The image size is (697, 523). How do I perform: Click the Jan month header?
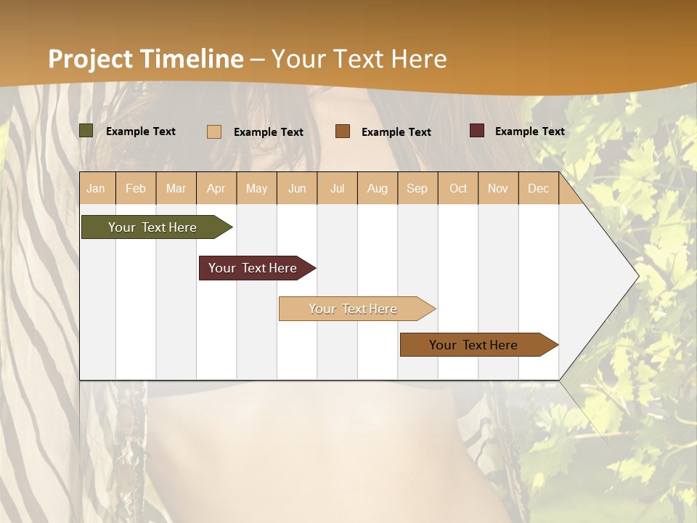97,188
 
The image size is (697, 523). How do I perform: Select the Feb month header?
136,188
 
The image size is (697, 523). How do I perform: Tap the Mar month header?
176,188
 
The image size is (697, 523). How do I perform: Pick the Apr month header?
216,188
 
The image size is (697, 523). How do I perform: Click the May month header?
256,188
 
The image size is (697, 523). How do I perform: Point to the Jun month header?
297,188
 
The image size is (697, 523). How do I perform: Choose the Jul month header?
337,188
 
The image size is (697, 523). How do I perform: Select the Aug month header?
378,188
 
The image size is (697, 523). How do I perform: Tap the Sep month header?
417,188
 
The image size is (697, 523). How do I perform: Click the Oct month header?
458,188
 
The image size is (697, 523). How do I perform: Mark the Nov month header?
498,188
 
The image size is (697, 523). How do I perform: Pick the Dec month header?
539,188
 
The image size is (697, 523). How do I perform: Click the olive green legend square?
86,131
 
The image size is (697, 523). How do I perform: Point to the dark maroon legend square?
477,131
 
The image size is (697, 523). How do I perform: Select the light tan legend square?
214,131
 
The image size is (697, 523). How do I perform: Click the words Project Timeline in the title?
146,59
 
